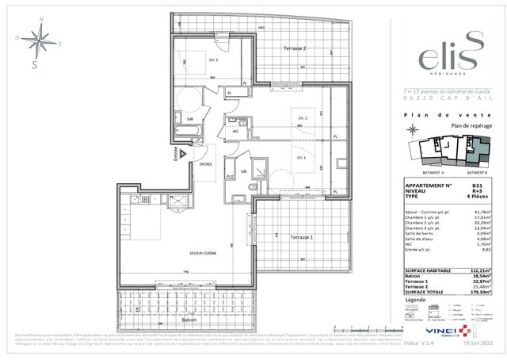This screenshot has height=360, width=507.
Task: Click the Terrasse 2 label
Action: (295, 49)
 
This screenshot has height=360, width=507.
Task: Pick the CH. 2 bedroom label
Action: (302, 117)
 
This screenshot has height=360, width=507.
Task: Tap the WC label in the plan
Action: (235, 132)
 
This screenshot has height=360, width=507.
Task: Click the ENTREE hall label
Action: (206, 164)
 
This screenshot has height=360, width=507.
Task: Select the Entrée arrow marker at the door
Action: (181, 151)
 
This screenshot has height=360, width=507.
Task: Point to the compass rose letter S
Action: (34, 65)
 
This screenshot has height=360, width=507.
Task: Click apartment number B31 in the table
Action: (476, 186)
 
